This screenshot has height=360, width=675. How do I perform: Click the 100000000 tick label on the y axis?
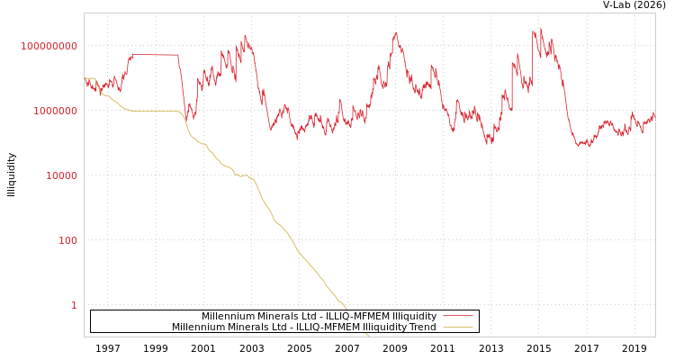click(49, 46)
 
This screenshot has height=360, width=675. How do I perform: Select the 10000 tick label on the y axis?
click(61, 175)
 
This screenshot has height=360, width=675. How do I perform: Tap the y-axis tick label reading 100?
click(68, 240)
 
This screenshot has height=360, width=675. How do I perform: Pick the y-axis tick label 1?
click(74, 305)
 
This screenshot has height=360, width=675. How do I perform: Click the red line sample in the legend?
click(458, 317)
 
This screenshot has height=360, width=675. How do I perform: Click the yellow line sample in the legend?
click(458, 328)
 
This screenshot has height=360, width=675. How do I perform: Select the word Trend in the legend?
click(421, 328)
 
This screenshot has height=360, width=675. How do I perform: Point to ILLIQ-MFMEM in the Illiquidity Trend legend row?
click(334, 328)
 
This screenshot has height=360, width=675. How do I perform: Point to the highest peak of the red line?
click(541, 29)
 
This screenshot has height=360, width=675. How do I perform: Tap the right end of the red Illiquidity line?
click(654, 114)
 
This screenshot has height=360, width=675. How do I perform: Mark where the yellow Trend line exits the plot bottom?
click(368, 336)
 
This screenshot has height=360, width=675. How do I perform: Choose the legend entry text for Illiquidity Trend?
click(304, 328)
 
